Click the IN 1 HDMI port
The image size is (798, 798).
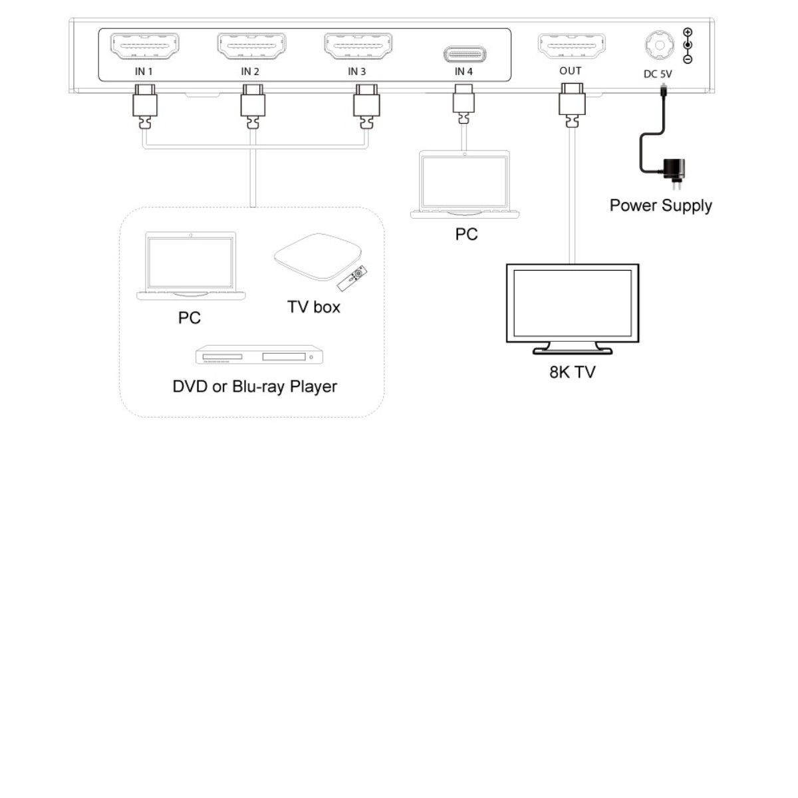click(x=144, y=47)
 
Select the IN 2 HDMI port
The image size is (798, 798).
click(x=251, y=47)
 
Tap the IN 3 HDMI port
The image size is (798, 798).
click(x=358, y=47)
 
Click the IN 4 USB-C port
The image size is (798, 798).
click(x=464, y=53)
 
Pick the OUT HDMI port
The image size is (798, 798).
click(x=571, y=47)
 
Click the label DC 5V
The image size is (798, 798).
click(x=658, y=74)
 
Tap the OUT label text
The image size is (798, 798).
click(x=571, y=70)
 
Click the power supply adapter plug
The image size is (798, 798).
click(x=676, y=170)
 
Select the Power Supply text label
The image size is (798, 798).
click(x=660, y=205)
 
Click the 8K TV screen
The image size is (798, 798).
click(x=573, y=303)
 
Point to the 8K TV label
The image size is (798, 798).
click(x=572, y=372)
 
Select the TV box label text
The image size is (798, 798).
click(x=314, y=307)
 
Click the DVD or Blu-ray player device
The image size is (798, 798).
click(x=259, y=355)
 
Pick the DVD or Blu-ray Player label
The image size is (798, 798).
click(x=255, y=386)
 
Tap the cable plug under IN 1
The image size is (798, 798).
click(x=144, y=106)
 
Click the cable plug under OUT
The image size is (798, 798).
click(x=571, y=105)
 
